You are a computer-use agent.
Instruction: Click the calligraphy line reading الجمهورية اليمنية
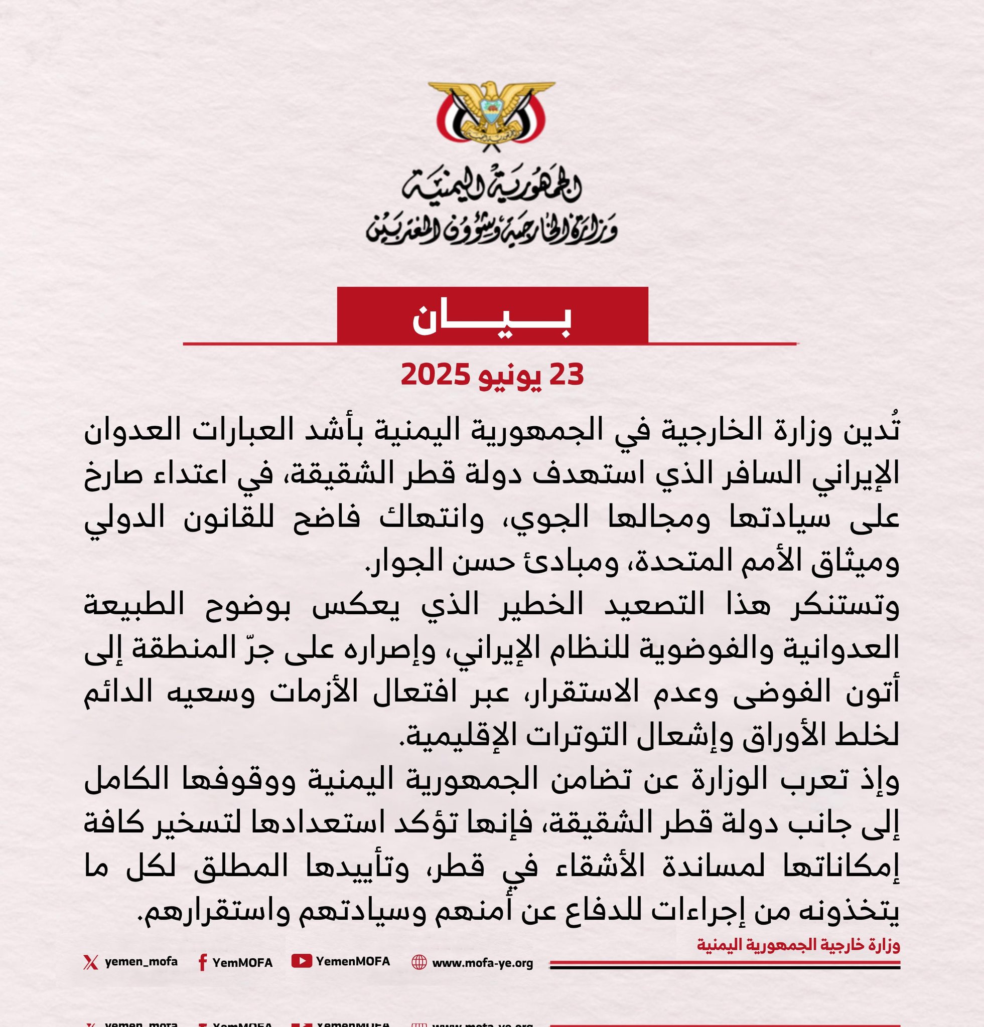491,187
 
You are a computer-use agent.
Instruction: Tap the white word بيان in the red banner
491,319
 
